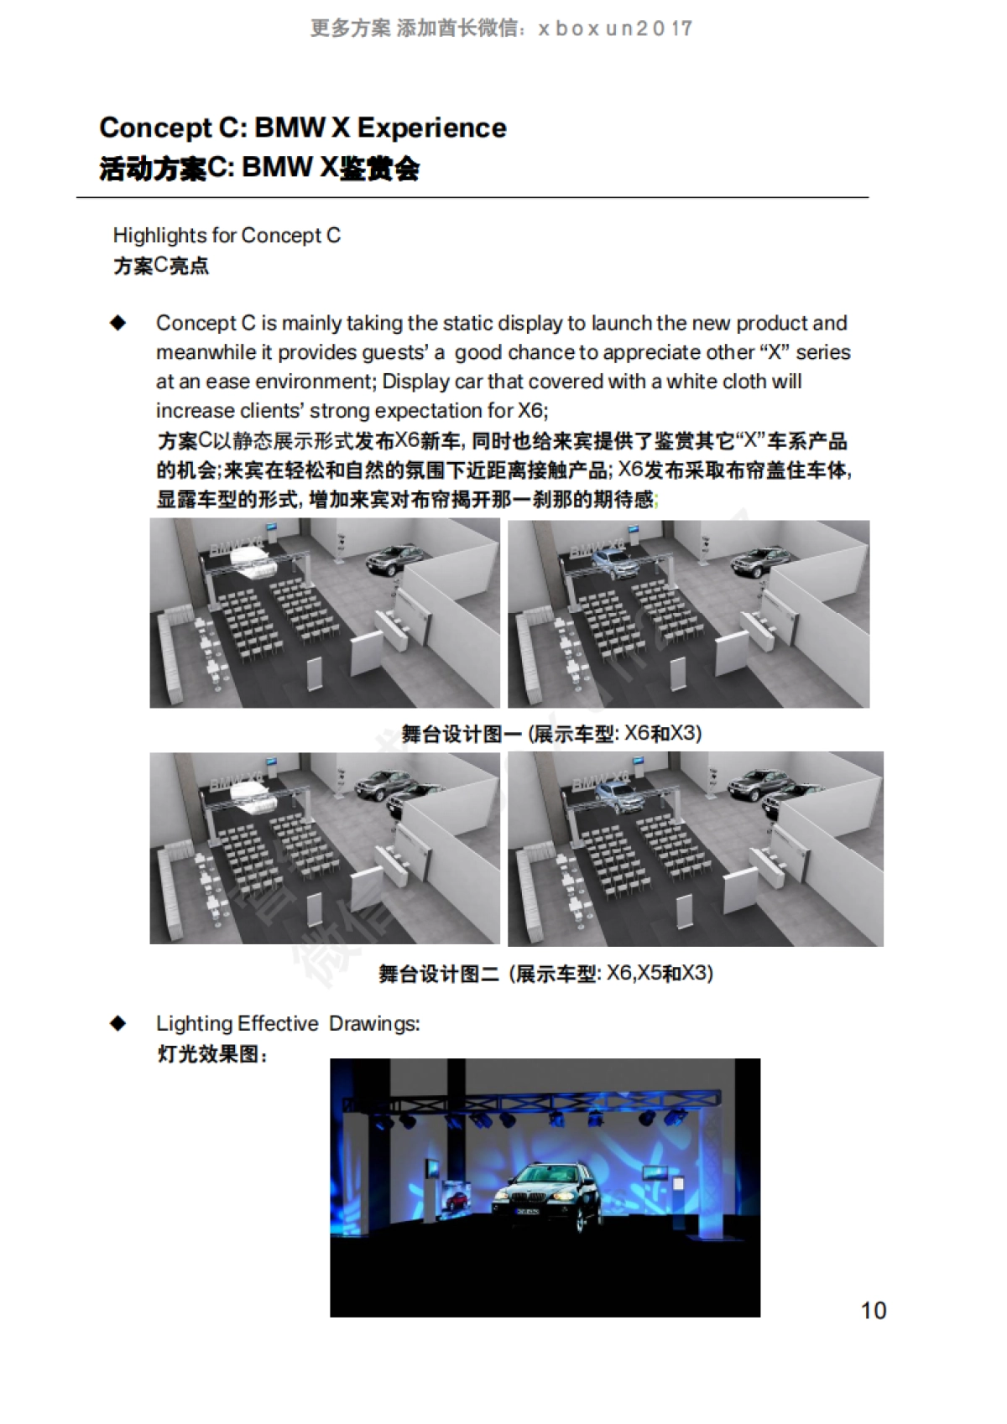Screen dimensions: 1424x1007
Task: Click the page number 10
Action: pos(874,1310)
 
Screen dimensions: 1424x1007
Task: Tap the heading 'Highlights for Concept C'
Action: pos(227,236)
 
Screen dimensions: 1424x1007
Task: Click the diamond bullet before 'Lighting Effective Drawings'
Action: pos(118,1023)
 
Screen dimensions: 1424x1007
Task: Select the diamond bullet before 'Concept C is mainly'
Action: pos(118,323)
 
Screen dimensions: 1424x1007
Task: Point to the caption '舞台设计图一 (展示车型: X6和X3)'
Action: pos(551,734)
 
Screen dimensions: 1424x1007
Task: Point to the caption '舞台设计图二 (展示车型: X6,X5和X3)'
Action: pos(545,974)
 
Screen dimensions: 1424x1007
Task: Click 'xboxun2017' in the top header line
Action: pos(615,29)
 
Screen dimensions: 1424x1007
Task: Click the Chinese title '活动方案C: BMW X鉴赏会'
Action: pos(259,169)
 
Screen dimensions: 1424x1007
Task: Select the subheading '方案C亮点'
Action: pos(161,267)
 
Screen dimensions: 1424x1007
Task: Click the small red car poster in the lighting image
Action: pos(456,1198)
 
